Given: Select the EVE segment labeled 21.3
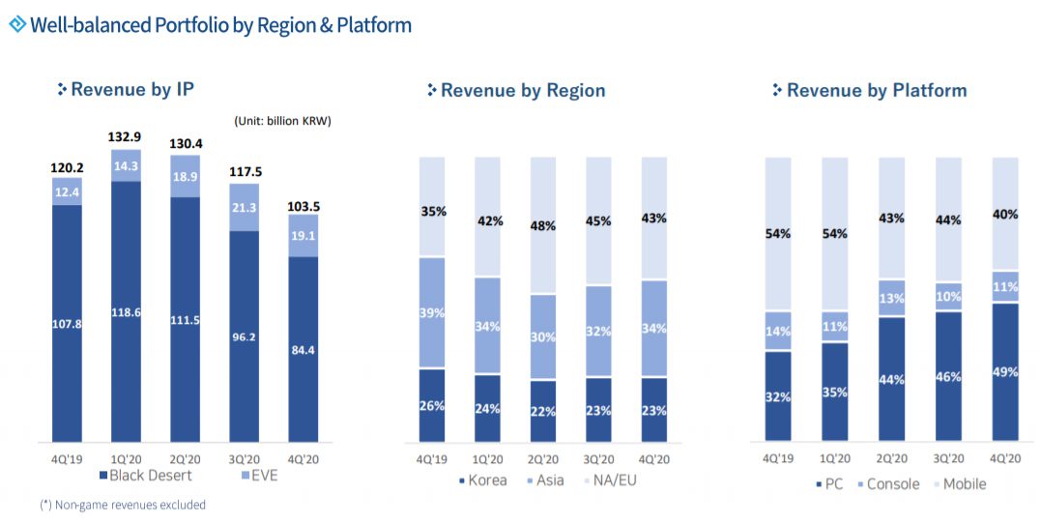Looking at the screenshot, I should pyautogui.click(x=245, y=208).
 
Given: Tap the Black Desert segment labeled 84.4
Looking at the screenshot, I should pyautogui.click(x=303, y=349).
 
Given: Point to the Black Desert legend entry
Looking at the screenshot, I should pyautogui.click(x=145, y=476).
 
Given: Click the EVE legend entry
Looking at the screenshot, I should pyautogui.click(x=259, y=476).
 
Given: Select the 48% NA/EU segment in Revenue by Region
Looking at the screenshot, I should pyautogui.click(x=542, y=225).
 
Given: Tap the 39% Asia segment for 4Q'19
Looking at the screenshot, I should pyautogui.click(x=432, y=312).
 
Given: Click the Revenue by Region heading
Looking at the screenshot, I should pyautogui.click(x=522, y=91).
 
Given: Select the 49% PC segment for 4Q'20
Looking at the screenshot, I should pyautogui.click(x=1005, y=371).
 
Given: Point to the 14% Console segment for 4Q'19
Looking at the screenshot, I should pyautogui.click(x=777, y=331).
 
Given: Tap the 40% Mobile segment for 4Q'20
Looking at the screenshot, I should pyautogui.click(x=1005, y=214).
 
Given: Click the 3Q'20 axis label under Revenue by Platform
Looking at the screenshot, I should pyautogui.click(x=948, y=459).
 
